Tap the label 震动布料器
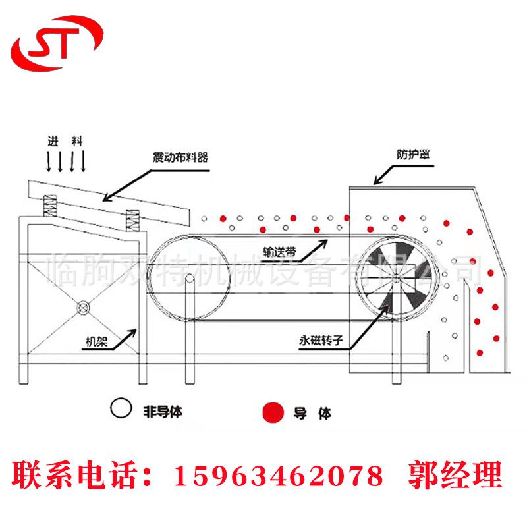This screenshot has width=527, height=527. [180, 157]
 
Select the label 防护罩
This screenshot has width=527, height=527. [416, 154]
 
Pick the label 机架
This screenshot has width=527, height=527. [97, 341]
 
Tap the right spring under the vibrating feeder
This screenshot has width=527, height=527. [132, 222]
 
